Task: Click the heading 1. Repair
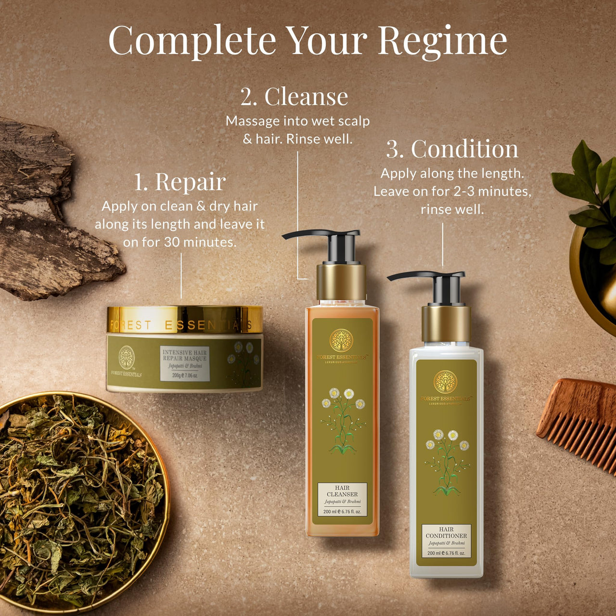point(180,182)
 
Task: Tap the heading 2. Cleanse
point(294,97)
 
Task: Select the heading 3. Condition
point(452,149)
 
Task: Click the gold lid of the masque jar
point(185,320)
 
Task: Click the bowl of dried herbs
point(77,500)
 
